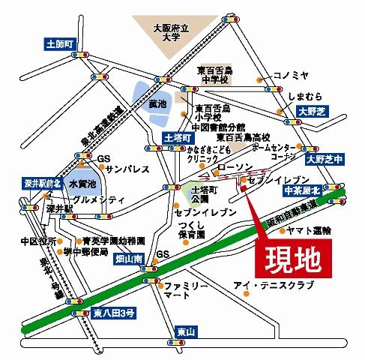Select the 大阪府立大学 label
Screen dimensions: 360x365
(169, 34)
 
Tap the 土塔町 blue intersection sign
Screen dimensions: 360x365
(178, 138)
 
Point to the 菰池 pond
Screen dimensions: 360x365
(156, 103)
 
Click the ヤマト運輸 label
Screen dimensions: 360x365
(307, 232)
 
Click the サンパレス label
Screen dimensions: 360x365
(124, 170)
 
